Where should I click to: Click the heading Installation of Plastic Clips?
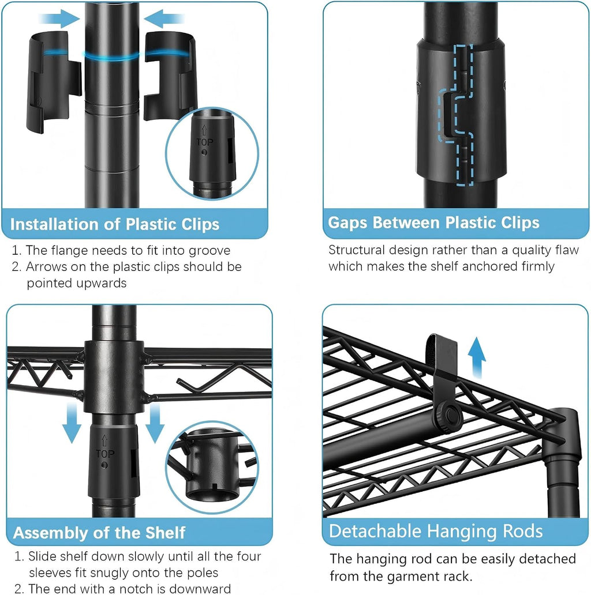click(115, 224)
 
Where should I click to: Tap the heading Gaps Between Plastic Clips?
click(433, 223)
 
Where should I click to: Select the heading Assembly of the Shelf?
click(99, 533)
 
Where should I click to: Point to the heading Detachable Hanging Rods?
click(436, 531)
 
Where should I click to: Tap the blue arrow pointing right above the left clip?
click(59, 18)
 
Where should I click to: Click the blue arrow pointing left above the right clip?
click(164, 18)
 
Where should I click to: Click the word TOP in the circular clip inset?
click(205, 142)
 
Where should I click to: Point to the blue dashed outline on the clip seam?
click(456, 115)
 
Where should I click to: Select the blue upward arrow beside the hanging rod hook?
click(476, 357)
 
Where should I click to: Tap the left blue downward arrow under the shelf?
click(72, 423)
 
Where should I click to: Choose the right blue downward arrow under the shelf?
click(155, 423)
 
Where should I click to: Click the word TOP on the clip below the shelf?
click(105, 454)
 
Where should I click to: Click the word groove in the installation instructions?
click(210, 251)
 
